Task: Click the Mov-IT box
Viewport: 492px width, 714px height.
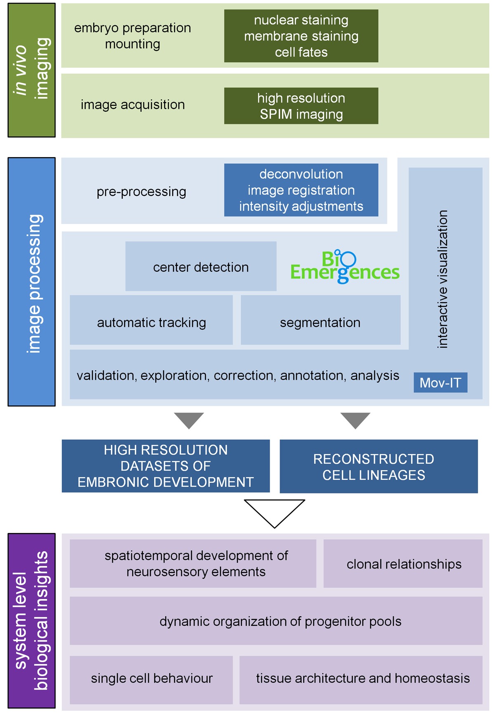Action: tap(440, 383)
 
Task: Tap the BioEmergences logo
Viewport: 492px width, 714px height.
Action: tap(345, 267)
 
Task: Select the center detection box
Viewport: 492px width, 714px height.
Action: tap(201, 266)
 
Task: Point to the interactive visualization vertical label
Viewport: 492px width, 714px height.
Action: tap(443, 279)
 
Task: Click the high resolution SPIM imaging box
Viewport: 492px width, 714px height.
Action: tap(301, 106)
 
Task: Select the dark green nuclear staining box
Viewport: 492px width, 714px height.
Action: tap(301, 36)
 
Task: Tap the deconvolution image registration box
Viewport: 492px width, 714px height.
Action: tap(301, 190)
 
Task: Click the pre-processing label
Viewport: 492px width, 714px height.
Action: tap(141, 192)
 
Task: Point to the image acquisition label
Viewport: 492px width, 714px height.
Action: tap(133, 105)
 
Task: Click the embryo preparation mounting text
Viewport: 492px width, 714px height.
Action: tap(133, 36)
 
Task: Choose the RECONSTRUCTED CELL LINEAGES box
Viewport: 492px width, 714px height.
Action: tap(379, 467)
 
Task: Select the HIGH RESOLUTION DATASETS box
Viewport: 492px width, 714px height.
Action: tap(166, 466)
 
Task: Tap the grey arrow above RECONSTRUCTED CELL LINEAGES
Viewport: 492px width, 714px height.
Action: tap(355, 420)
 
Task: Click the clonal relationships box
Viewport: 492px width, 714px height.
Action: tap(403, 564)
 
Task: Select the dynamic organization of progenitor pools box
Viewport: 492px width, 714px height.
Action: tap(276, 621)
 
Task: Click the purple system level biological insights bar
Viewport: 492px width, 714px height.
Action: tap(32, 620)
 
